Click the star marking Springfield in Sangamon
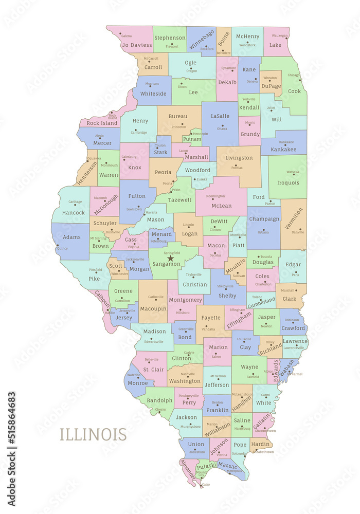(171, 258)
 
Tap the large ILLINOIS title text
(93, 434)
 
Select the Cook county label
(294, 91)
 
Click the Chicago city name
(294, 75)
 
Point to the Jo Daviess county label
(137, 45)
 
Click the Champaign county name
(264, 219)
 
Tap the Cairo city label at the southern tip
(206, 485)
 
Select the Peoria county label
(163, 172)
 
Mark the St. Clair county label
(153, 369)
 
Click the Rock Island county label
(102, 123)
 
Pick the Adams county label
(72, 237)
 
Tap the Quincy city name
(62, 248)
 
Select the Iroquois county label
(288, 182)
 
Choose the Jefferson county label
(217, 384)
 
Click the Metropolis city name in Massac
(234, 471)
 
